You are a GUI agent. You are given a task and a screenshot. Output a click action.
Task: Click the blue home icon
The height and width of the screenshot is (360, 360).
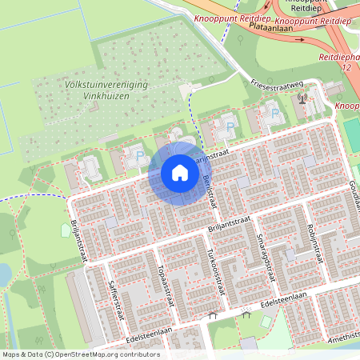tap(180, 172)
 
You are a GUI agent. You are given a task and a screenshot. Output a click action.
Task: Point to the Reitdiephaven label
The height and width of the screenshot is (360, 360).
tap(339, 57)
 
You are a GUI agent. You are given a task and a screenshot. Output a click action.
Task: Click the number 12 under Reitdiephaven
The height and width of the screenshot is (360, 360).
tap(346, 68)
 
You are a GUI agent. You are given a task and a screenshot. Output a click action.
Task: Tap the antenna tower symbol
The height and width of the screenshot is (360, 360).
tap(302, 99)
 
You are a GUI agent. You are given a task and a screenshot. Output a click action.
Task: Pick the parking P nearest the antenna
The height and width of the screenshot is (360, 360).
tap(276, 113)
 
